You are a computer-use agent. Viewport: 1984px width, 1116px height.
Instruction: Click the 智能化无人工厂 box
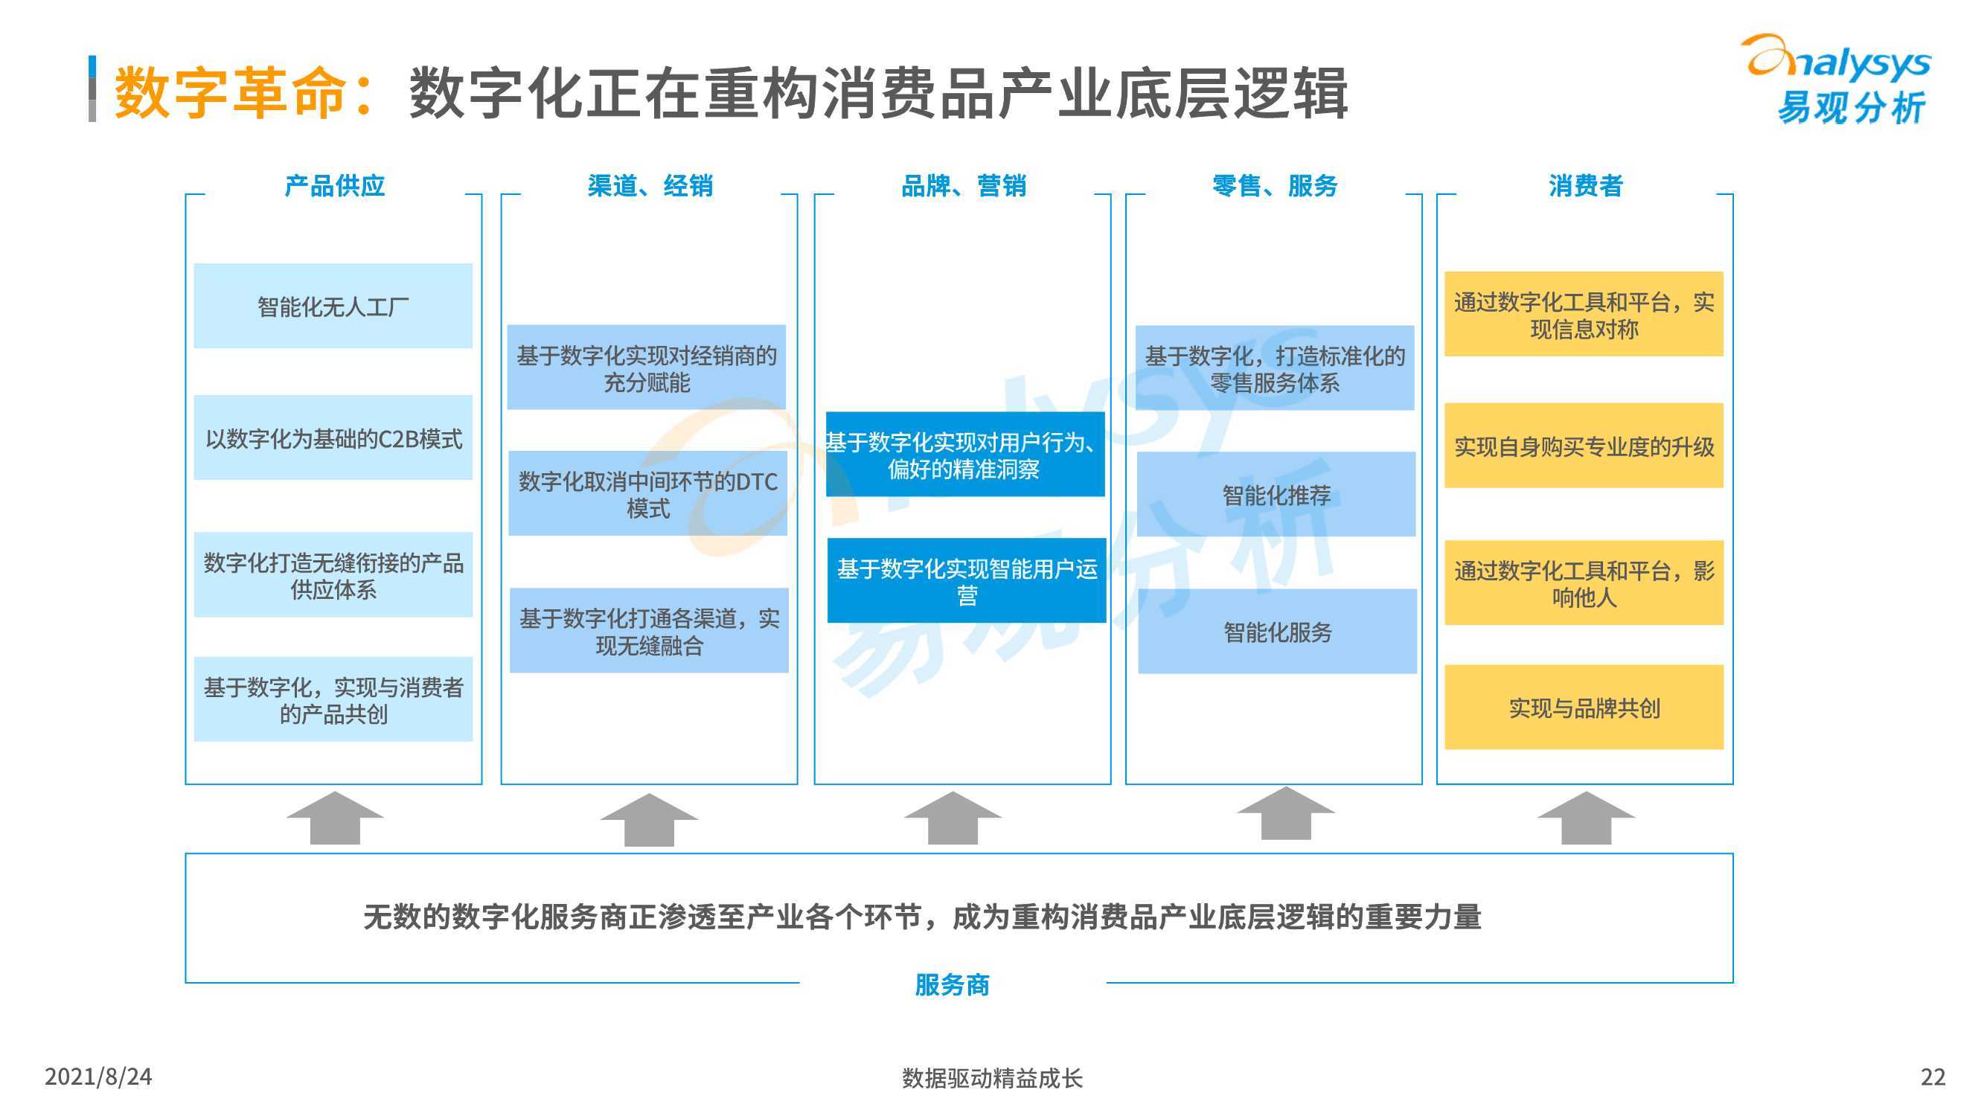(x=333, y=306)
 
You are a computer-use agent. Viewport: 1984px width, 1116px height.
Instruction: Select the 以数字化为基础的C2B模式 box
(x=333, y=437)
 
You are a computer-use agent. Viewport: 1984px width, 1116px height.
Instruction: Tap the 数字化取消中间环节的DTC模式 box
(x=647, y=494)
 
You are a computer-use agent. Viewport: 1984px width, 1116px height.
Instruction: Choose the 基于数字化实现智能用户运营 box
(x=967, y=580)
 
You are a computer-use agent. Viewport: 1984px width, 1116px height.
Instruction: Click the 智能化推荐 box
(x=1276, y=495)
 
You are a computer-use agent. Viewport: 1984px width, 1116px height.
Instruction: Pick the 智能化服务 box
(x=1278, y=632)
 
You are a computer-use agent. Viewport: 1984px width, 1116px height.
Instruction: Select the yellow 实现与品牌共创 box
(x=1584, y=707)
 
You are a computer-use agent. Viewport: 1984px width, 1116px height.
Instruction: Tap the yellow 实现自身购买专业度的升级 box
(x=1584, y=445)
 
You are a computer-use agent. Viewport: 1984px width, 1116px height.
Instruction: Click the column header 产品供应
(x=334, y=185)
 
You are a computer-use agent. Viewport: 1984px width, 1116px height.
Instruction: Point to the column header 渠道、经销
(x=650, y=185)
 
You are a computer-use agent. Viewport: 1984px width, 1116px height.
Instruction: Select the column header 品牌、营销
(x=964, y=185)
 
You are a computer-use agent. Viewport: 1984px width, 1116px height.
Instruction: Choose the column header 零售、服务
(x=1275, y=185)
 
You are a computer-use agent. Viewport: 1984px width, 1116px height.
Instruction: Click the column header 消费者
(x=1585, y=185)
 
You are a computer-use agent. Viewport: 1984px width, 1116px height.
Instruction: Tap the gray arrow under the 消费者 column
(x=1586, y=818)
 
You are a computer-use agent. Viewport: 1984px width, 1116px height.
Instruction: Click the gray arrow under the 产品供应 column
(x=334, y=818)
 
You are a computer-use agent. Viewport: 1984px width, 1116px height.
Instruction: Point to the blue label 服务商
(x=952, y=984)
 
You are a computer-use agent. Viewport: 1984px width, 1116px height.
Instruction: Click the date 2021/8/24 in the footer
(x=97, y=1076)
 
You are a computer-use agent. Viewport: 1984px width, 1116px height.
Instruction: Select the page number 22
(x=1933, y=1076)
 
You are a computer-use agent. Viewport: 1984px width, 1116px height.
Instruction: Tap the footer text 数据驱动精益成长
(x=992, y=1077)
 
